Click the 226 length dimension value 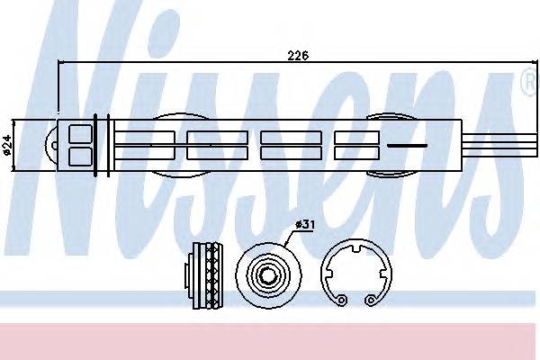tap(298, 55)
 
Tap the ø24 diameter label tap(6, 145)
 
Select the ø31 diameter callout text tap(305, 225)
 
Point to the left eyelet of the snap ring tap(341, 300)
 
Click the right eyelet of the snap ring tap(370, 300)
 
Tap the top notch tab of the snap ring tap(356, 247)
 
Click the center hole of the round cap tap(268, 274)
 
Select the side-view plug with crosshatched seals tap(204, 274)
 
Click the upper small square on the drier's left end tap(81, 134)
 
